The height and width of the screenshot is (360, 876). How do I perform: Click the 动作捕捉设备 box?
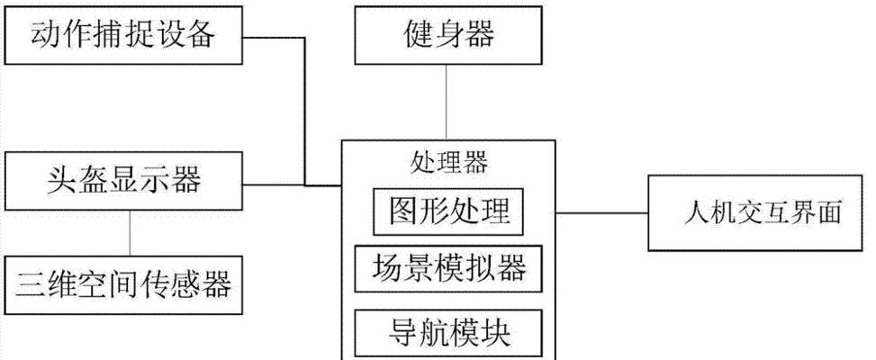point(123,36)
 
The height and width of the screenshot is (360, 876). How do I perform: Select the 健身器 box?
point(447,36)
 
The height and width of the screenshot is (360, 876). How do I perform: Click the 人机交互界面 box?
point(761,213)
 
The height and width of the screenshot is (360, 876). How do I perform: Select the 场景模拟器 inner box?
point(447,268)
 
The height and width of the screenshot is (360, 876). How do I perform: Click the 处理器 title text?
point(447,163)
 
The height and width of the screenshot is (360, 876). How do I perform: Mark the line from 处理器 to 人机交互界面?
point(601,213)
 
